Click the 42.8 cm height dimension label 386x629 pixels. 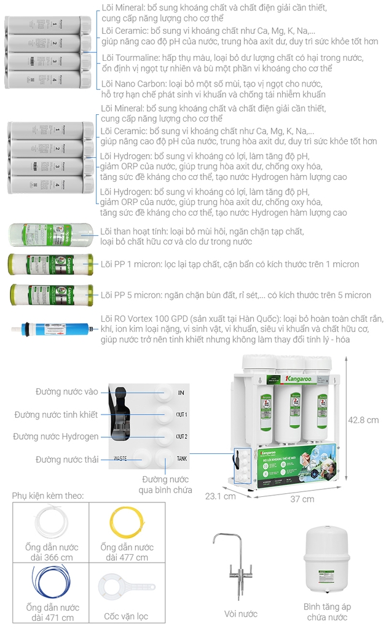(363, 420)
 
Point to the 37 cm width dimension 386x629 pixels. (302, 499)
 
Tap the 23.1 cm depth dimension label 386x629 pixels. (220, 496)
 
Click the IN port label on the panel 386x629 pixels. (181, 393)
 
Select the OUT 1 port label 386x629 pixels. (181, 415)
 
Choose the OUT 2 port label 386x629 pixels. (181, 437)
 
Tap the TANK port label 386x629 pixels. (182, 459)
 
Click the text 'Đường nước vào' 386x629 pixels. (66, 392)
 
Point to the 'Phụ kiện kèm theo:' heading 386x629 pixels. (48, 495)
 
